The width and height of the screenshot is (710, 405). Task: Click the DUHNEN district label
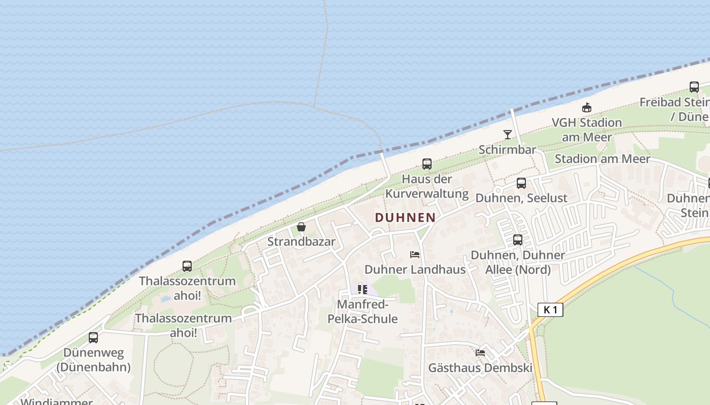tap(405, 218)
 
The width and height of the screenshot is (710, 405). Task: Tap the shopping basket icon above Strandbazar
tap(301, 227)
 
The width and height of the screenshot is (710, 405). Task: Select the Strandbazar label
tap(301, 241)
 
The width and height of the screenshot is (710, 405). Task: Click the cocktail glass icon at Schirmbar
tap(507, 134)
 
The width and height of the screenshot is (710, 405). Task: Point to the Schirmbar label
tap(507, 150)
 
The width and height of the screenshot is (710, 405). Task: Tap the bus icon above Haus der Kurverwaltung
tap(427, 164)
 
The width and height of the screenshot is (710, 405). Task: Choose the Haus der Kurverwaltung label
tap(427, 186)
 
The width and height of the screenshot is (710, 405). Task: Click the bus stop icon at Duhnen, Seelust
tap(521, 183)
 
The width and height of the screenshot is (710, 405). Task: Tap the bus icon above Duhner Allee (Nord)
tap(518, 240)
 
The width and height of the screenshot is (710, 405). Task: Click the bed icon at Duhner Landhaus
tap(415, 254)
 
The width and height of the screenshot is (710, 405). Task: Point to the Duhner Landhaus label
tap(415, 269)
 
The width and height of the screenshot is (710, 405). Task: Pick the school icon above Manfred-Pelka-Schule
tap(363, 290)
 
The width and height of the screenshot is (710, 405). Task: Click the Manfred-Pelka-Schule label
tap(363, 312)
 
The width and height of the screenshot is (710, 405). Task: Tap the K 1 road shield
tap(550, 309)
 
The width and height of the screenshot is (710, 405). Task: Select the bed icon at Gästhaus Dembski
tap(480, 352)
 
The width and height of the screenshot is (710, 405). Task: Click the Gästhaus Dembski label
tap(480, 368)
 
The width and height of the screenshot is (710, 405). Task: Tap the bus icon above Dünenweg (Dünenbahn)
tap(93, 338)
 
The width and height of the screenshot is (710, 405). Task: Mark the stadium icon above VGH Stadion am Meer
tap(587, 107)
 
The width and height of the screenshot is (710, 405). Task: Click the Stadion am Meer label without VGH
tap(602, 159)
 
